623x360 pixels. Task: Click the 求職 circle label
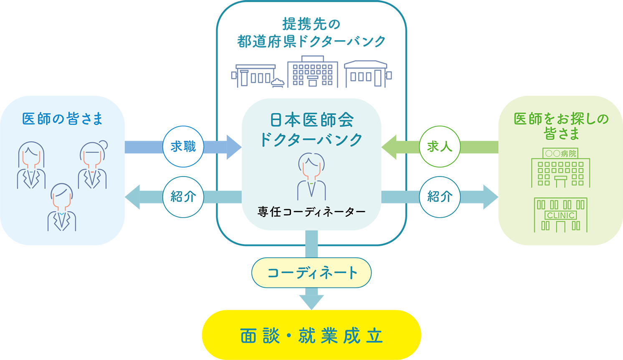[183, 147]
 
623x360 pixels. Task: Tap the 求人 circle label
[440, 147]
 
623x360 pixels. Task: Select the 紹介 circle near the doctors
[183, 197]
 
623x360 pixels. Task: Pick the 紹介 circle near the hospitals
[440, 197]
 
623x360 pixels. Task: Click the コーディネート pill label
[311, 273]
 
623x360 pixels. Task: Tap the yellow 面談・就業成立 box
[311, 335]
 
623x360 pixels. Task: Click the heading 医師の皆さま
[63, 119]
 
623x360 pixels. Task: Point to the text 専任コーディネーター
[311, 212]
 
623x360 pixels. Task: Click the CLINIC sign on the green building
[561, 215]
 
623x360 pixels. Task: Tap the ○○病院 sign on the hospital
[560, 154]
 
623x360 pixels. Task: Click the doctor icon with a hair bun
[93, 165]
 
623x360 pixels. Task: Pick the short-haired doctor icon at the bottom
[62, 207]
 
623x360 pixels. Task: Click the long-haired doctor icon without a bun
[31, 165]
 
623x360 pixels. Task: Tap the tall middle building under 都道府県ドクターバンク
[312, 72]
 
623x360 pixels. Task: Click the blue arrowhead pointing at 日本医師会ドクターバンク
[233, 147]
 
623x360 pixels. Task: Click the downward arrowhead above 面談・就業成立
[311, 302]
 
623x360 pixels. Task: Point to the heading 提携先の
[311, 24]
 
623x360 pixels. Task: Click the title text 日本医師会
[311, 120]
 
